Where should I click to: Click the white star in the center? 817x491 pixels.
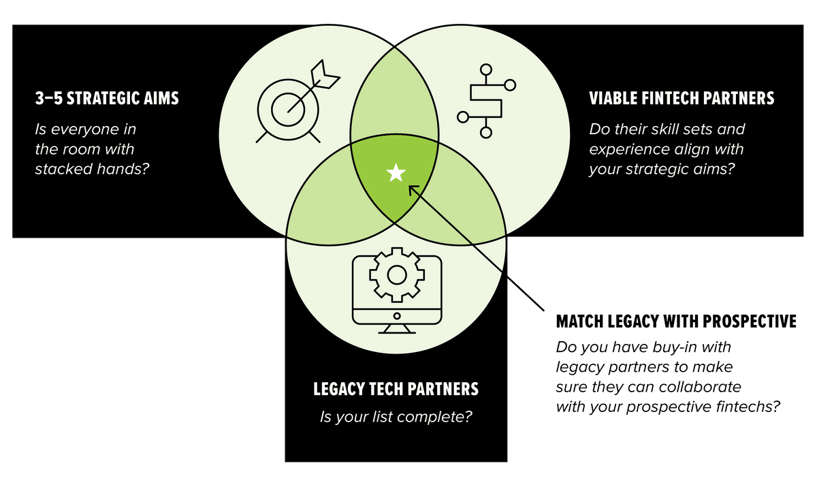point(396,174)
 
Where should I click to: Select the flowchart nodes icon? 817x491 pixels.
point(485,102)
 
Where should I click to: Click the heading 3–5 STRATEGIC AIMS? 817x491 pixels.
point(106,99)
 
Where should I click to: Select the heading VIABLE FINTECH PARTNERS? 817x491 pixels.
point(682,99)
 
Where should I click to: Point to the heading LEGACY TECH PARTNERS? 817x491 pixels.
point(396,389)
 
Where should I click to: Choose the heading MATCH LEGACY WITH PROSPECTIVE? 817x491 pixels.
point(676,321)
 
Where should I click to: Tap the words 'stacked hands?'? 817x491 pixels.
point(91,168)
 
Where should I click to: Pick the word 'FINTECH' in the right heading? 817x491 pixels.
point(673,99)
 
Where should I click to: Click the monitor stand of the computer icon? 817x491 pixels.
point(396,329)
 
